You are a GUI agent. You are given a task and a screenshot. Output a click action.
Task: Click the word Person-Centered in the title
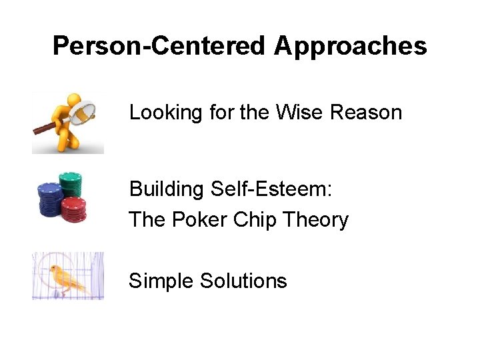[159, 46]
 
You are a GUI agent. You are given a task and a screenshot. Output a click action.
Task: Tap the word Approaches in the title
[350, 46]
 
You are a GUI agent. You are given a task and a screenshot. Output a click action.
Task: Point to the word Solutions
[243, 281]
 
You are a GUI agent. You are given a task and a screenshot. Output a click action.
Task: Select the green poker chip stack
[71, 183]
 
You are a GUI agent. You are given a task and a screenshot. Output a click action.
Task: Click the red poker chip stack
[73, 208]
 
